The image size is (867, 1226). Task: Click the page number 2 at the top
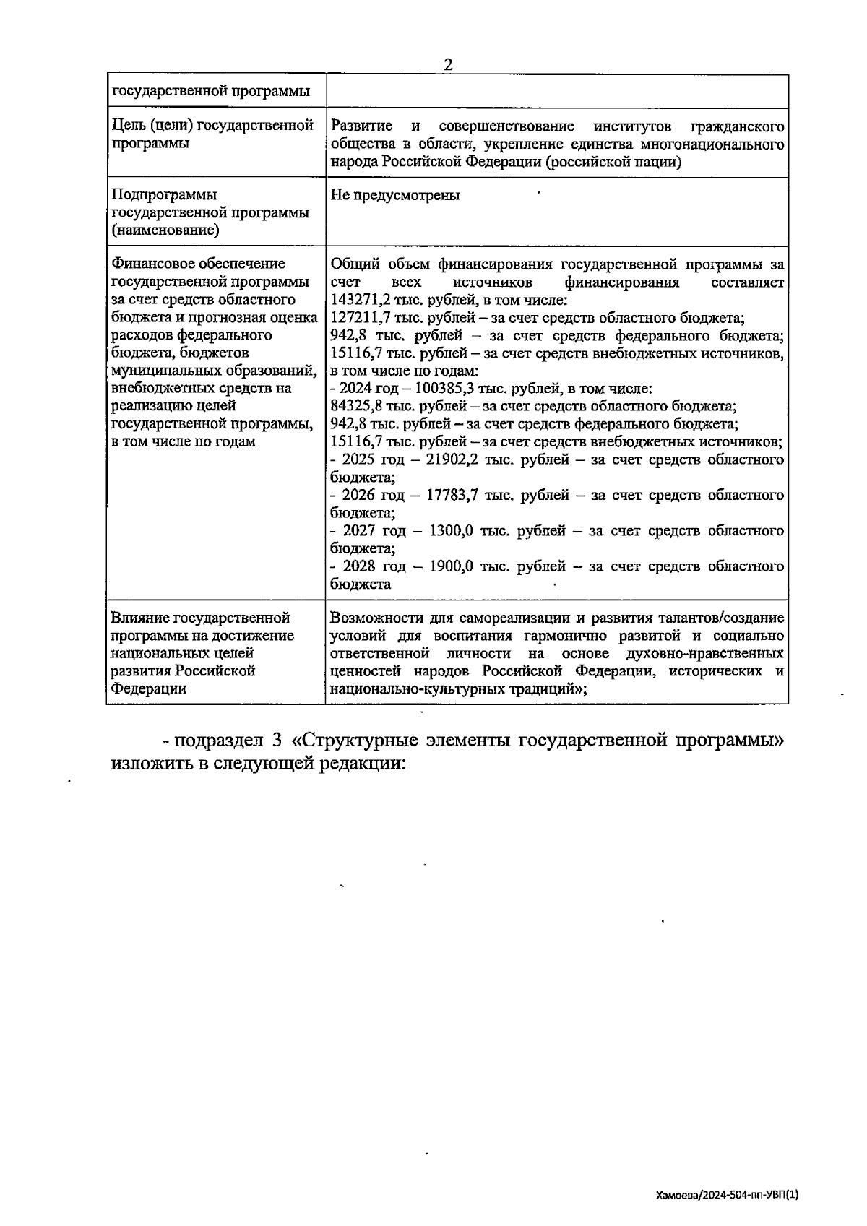click(448, 64)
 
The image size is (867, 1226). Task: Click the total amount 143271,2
click(358, 301)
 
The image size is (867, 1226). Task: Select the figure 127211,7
click(358, 318)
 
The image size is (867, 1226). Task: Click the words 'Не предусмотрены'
click(395, 195)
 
